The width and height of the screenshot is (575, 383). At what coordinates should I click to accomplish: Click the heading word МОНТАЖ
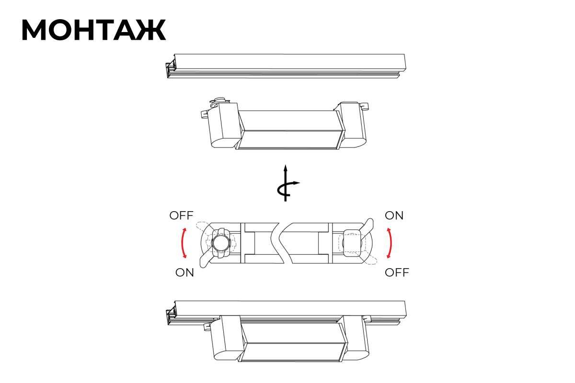click(x=94, y=30)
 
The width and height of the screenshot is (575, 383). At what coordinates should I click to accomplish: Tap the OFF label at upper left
click(x=181, y=215)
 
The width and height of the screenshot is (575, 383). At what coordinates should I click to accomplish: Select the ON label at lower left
click(x=184, y=272)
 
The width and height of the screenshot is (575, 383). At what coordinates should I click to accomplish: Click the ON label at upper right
click(x=394, y=215)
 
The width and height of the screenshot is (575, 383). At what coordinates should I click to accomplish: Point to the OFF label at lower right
click(x=397, y=272)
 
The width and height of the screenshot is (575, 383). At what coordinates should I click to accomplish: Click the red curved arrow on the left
click(x=183, y=243)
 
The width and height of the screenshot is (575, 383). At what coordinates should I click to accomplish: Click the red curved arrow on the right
click(x=391, y=243)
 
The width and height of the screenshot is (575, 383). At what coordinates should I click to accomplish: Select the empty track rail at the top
click(x=286, y=66)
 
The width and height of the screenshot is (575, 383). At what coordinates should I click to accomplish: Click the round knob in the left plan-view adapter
click(x=221, y=243)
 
